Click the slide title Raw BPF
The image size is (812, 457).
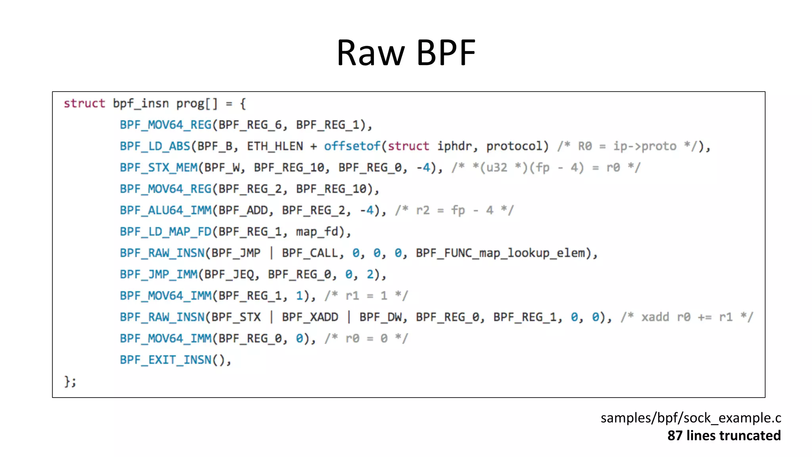tap(406, 52)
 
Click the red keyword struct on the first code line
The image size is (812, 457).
tap(84, 103)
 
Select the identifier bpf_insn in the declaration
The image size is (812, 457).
tap(141, 103)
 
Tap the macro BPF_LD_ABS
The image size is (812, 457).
tap(155, 146)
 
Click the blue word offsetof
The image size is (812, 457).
tap(352, 146)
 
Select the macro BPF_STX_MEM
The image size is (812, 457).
tap(159, 168)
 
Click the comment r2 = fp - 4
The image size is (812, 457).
tap(454, 210)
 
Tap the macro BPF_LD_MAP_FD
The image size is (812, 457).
tap(166, 232)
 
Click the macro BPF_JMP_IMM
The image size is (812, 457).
tap(159, 275)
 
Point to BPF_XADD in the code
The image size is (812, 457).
tap(310, 317)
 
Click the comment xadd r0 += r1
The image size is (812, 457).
tap(686, 317)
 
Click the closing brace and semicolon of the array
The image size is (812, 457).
tap(70, 381)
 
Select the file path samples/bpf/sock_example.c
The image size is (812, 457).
tap(690, 418)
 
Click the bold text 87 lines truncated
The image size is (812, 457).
tap(724, 436)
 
